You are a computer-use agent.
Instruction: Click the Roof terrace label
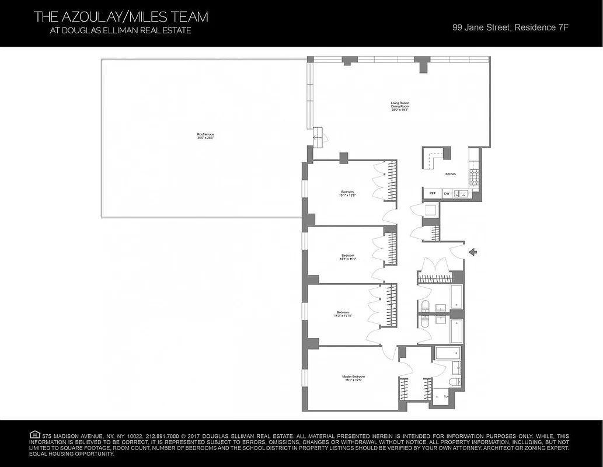205,137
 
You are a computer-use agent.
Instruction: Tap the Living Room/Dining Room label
400,106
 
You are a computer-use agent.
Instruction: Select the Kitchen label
450,174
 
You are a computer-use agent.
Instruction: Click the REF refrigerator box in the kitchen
433,193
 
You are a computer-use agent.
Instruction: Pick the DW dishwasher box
447,193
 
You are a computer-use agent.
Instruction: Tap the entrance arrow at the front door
473,252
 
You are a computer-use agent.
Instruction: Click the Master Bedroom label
353,378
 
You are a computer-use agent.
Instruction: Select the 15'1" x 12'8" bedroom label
347,194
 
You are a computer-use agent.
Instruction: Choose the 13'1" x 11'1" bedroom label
348,257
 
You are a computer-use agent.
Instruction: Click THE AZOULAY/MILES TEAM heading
121,17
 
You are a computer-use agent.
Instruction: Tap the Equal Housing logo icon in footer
34,435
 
